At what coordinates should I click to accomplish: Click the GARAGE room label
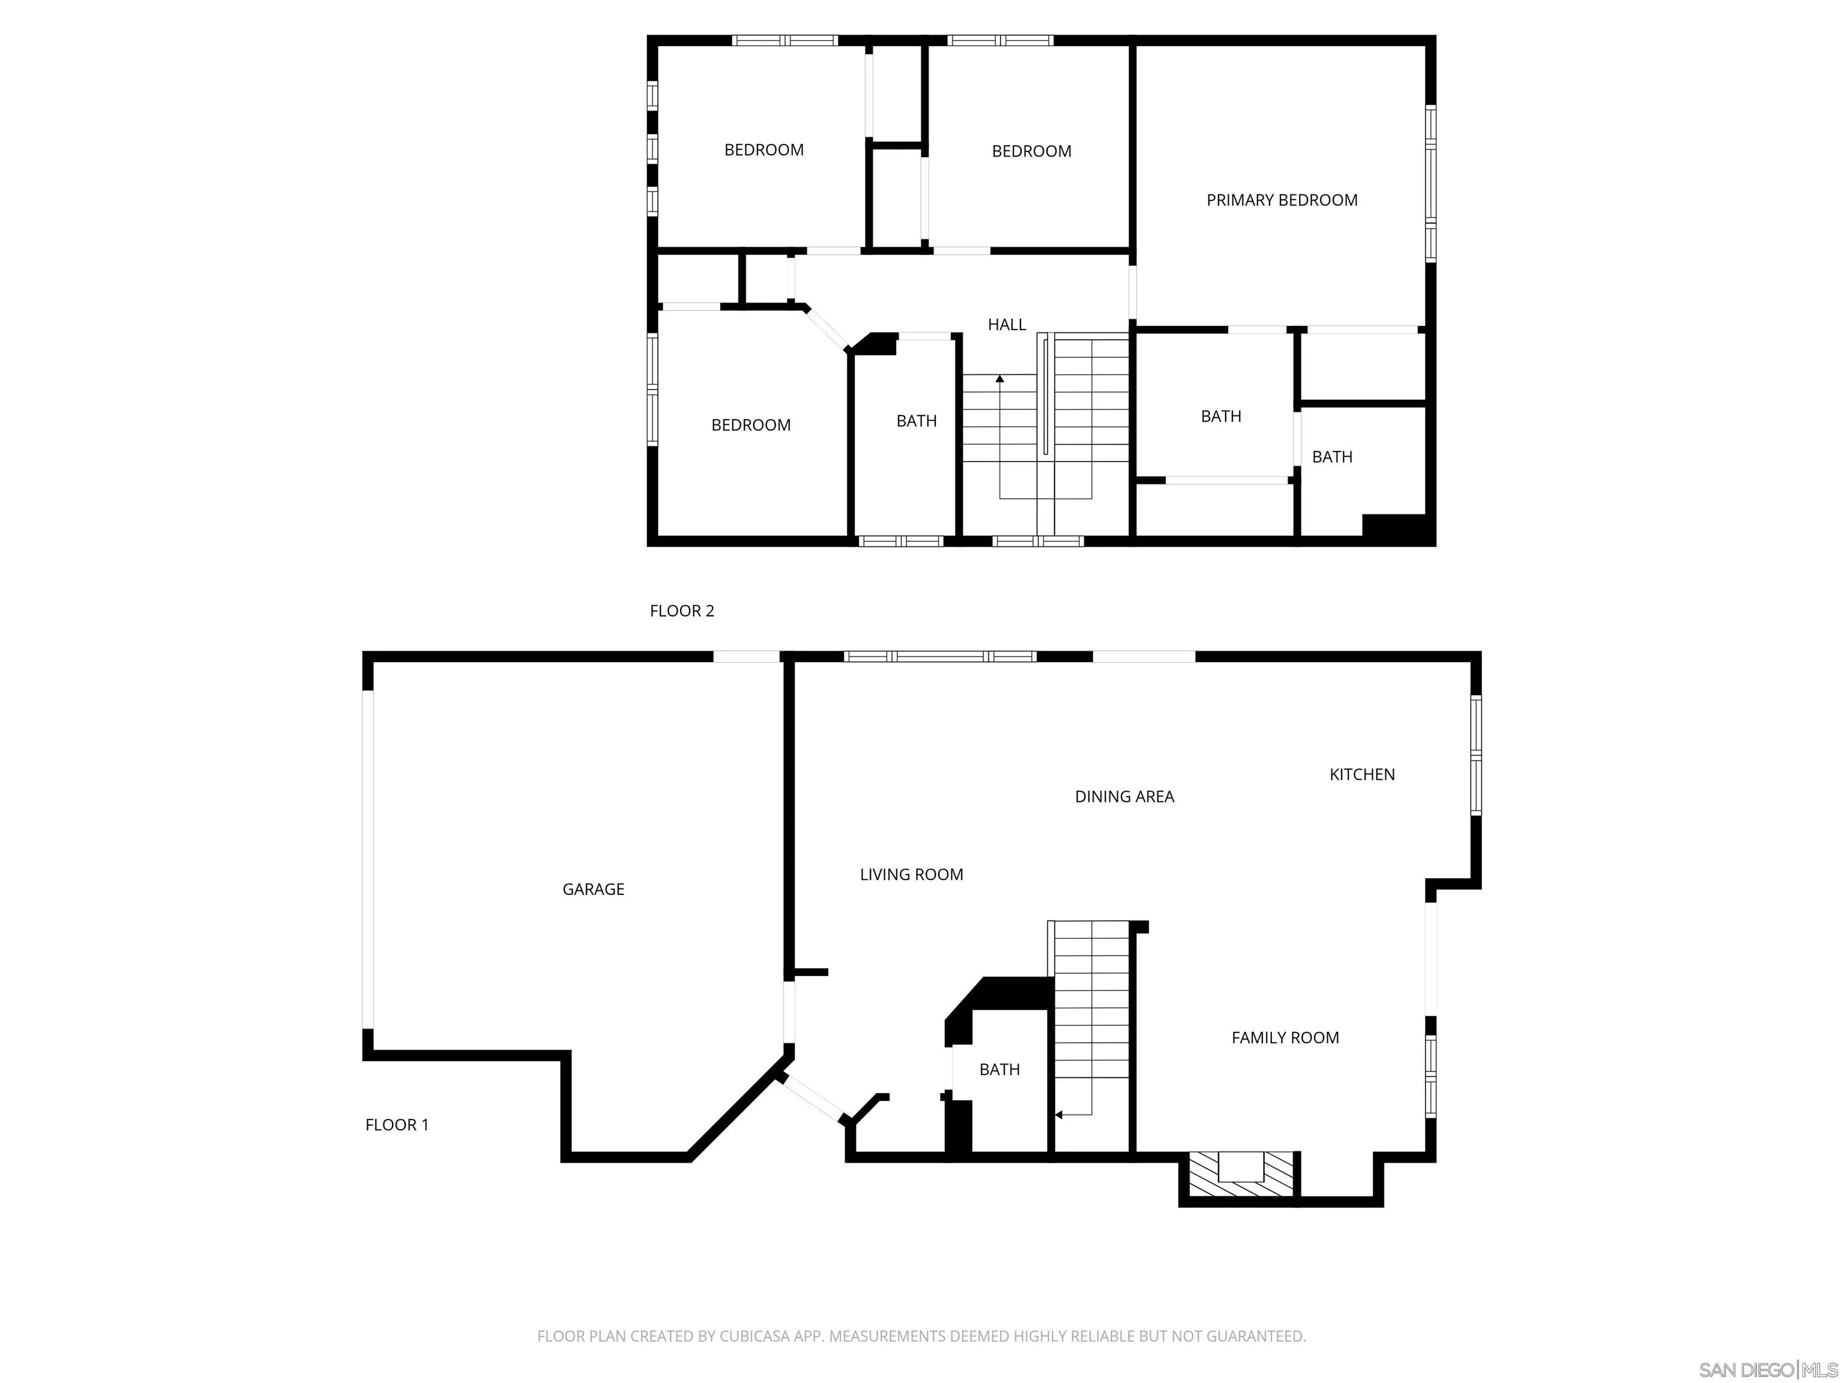(592, 890)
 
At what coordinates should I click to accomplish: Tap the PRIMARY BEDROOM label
(1282, 200)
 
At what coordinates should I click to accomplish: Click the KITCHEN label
(1361, 774)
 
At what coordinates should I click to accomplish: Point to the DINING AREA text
(1124, 797)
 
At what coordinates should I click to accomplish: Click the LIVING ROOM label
(911, 875)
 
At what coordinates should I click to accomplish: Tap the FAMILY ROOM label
(1285, 1038)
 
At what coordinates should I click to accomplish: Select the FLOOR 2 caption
(681, 611)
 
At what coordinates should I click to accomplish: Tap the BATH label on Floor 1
(999, 1070)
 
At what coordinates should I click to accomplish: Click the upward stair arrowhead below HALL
(999, 379)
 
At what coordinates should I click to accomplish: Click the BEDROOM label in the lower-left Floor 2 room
(750, 425)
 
